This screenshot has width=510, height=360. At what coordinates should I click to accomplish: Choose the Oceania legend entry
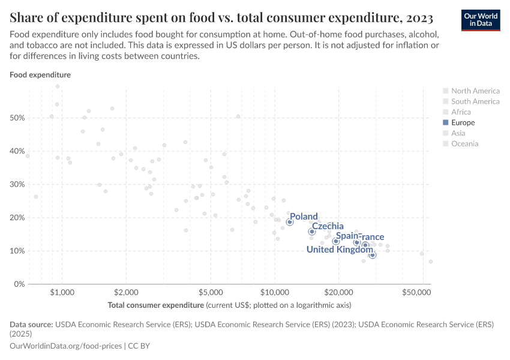[x=464, y=143]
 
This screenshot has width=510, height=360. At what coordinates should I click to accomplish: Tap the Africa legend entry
[x=461, y=112]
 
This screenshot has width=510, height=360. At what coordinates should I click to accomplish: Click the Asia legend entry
[x=459, y=133]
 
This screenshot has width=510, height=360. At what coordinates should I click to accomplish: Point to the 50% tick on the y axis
[x=17, y=118]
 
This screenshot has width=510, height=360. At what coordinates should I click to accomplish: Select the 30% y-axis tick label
[x=17, y=185]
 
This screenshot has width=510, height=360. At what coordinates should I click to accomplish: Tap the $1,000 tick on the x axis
[x=62, y=292]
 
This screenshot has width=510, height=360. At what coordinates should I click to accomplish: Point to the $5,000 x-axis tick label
[x=211, y=292]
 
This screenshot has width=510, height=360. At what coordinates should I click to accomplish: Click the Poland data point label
[x=304, y=217]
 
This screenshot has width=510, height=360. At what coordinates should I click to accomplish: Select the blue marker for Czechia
[x=312, y=232]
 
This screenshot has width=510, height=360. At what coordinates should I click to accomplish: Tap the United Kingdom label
[x=340, y=250]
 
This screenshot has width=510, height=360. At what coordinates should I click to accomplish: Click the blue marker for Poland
[x=290, y=222]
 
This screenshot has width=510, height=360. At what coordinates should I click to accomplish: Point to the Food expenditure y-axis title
[x=40, y=75]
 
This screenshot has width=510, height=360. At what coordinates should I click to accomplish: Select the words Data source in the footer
[x=31, y=324]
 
